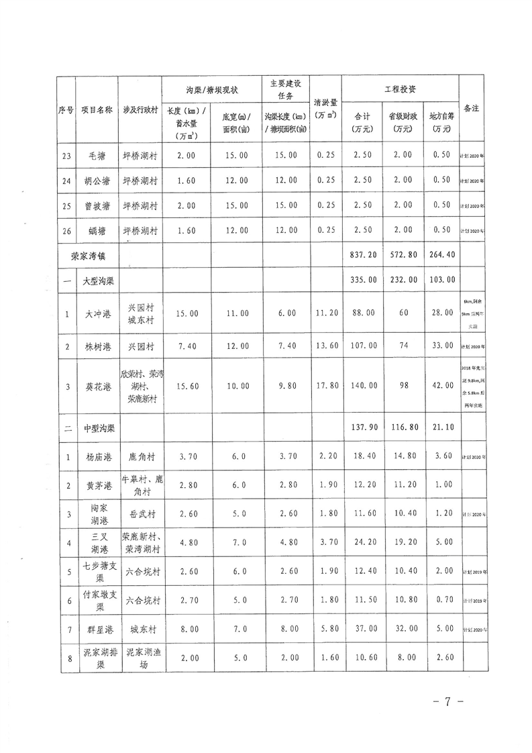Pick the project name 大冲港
pos(97,313)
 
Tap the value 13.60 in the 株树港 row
pos(325,346)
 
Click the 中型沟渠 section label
pos(97,427)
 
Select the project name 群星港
pos(97,630)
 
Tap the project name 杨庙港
pos(97,456)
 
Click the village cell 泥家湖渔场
pos(140,658)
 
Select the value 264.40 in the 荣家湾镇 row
pos(441,255)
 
